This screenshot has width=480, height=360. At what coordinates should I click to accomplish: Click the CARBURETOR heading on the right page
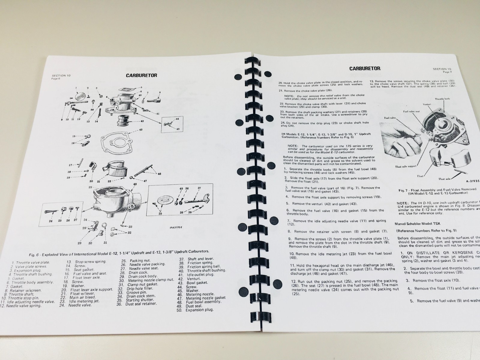tap(364, 68)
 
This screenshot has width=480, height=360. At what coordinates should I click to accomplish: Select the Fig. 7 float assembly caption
tap(437, 191)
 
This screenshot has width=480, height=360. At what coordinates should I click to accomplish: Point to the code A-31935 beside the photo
tap(473, 181)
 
